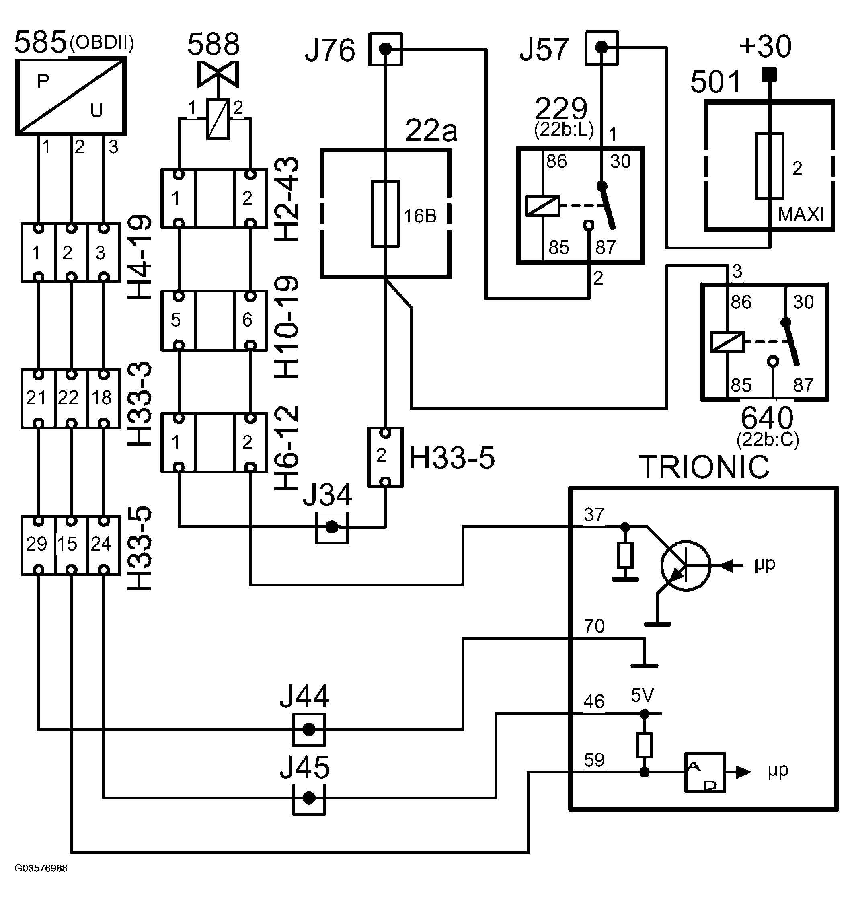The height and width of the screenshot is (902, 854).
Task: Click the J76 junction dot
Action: [385, 48]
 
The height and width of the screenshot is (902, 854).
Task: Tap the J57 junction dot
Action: [601, 47]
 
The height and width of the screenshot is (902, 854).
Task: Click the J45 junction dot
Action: [309, 798]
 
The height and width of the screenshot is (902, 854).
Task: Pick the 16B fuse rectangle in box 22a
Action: [385, 214]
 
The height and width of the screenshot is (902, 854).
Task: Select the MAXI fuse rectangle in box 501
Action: [769, 166]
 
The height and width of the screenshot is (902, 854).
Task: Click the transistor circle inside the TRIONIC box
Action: [686, 566]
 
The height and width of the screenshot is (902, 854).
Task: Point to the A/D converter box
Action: [705, 773]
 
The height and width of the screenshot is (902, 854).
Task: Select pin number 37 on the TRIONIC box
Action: [594, 515]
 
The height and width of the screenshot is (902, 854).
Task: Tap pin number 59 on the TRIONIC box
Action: [594, 760]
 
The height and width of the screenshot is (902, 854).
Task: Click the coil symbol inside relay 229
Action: [543, 205]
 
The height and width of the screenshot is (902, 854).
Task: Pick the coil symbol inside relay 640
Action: [727, 342]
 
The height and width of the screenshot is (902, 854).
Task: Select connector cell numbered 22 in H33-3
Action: [68, 398]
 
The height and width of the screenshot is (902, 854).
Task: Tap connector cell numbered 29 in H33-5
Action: [37, 544]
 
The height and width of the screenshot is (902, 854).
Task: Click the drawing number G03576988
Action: [41, 868]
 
